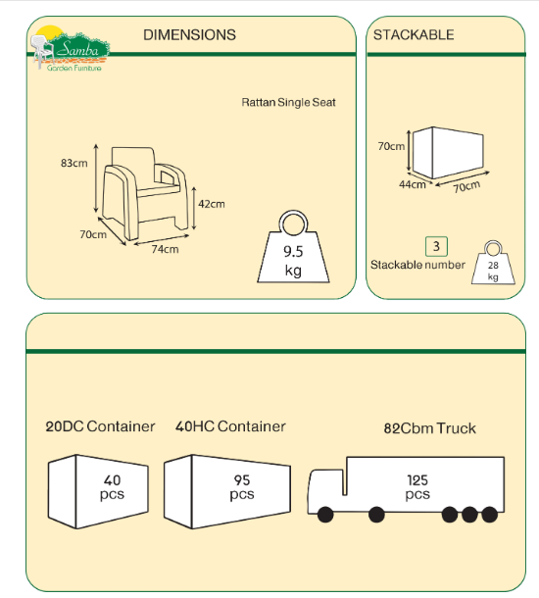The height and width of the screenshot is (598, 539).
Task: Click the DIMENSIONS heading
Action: tap(189, 34)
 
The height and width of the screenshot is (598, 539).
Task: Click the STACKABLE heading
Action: tap(414, 34)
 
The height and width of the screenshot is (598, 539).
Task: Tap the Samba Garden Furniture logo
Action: tap(70, 49)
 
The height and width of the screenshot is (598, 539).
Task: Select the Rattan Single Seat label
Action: tap(288, 102)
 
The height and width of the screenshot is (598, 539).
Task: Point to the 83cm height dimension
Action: tap(73, 164)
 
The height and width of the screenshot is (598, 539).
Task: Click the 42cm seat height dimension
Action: tap(212, 204)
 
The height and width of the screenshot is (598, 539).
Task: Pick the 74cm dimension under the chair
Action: tap(165, 249)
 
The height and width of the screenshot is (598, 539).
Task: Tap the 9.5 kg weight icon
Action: tap(293, 247)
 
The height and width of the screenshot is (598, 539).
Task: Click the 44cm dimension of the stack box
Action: tap(412, 184)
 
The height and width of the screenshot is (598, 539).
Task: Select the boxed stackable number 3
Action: tap(436, 246)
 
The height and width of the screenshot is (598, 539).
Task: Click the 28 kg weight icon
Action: tap(493, 263)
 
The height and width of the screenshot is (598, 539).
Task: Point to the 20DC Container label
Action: tap(100, 426)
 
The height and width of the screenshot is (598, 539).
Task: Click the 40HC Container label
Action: tap(230, 426)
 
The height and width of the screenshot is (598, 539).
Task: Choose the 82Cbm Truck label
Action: tap(430, 428)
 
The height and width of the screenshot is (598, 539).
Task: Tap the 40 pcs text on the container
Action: tap(112, 487)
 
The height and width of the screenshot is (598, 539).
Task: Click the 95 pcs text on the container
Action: tap(242, 487)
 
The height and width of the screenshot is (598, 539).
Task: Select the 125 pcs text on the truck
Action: tap(417, 487)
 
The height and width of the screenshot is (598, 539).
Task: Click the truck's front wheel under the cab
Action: tap(325, 515)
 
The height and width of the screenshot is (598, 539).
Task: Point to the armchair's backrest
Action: tap(133, 157)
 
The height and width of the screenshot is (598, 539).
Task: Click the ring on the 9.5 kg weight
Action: tap(293, 224)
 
